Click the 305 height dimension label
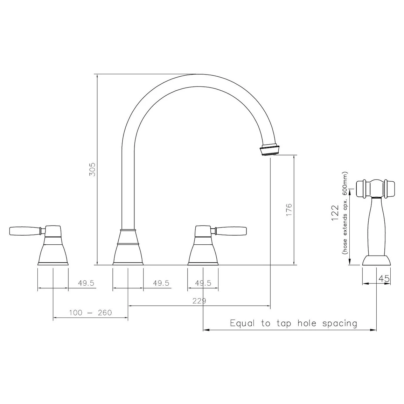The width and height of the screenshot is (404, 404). (92, 169)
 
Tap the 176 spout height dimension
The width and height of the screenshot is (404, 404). (289, 209)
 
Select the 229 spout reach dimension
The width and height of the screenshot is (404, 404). (199, 301)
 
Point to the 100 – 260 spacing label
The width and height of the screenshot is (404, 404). (90, 313)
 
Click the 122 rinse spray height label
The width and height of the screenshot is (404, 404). (335, 213)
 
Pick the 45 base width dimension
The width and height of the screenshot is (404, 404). (384, 279)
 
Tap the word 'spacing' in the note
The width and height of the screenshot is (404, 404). (340, 323)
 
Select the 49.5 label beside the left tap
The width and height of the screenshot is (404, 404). (86, 283)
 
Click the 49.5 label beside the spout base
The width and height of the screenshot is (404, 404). (161, 283)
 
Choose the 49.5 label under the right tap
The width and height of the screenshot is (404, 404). (203, 283)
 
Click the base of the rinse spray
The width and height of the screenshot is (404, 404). (376, 260)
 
